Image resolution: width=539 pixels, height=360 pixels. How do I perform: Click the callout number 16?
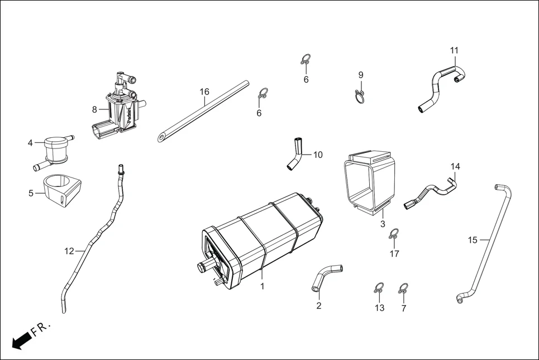pyautogui.click(x=204, y=92)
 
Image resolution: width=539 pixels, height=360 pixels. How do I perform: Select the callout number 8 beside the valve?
pyautogui.click(x=94, y=109)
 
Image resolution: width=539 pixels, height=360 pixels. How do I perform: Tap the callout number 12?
pyautogui.click(x=69, y=251)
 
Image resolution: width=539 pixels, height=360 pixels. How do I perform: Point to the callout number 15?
pyautogui.click(x=473, y=240)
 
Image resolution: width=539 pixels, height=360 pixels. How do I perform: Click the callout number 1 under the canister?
pyautogui.click(x=261, y=286)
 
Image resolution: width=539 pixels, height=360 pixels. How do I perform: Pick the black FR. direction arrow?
pyautogui.click(x=21, y=340)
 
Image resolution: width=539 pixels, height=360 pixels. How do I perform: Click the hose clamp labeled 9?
pyautogui.click(x=361, y=97)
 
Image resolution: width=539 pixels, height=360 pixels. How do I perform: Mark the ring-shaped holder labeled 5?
pyautogui.click(x=61, y=191)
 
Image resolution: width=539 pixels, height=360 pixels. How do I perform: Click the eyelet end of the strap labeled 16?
pyautogui.click(x=162, y=136)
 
